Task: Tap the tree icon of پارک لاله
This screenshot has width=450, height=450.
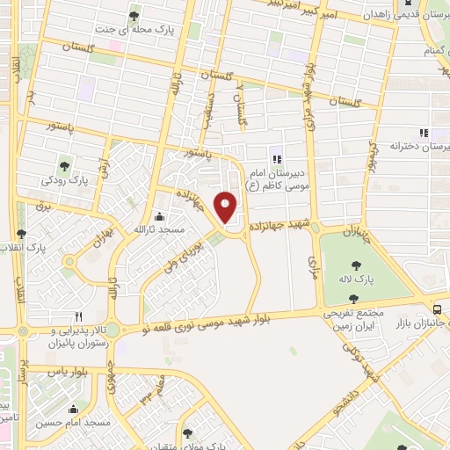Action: (x=355, y=265)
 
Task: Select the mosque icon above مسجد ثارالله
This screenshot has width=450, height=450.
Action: (x=158, y=216)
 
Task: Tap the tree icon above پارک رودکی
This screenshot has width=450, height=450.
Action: (x=64, y=165)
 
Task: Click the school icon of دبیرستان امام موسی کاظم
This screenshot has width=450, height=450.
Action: (x=277, y=159)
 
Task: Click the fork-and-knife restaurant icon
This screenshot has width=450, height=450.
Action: (x=78, y=316)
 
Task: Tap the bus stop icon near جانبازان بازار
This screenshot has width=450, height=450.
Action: (x=438, y=308)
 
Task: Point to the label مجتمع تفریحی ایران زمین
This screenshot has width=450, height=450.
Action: (x=359, y=319)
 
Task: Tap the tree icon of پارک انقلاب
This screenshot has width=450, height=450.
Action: (x=22, y=235)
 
